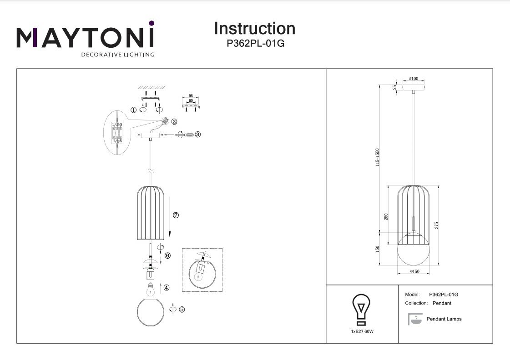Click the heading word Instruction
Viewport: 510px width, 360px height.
(254, 29)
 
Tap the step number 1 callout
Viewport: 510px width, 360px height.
(133, 110)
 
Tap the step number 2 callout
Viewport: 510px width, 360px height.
(174, 121)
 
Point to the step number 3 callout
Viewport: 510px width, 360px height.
(197, 135)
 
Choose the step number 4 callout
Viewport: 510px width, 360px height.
(167, 287)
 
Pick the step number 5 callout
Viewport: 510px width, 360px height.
(182, 310)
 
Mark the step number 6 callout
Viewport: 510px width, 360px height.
(167, 256)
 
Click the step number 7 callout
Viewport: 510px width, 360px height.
(176, 215)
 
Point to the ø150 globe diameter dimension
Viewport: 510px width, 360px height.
(414, 271)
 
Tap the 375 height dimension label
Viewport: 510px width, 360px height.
(437, 225)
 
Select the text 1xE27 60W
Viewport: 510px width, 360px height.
(362, 331)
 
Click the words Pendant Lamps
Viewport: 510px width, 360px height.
(444, 319)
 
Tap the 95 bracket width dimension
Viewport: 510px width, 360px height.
(191, 96)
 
